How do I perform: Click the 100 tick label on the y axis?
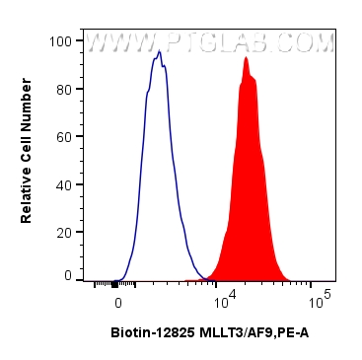pyautogui.click(x=61, y=41)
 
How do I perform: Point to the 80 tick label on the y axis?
pyautogui.click(x=64, y=89)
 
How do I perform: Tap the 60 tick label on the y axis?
pyautogui.click(x=64, y=136)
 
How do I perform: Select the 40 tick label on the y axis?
pyautogui.click(x=64, y=183)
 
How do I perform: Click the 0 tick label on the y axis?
pyautogui.click(x=68, y=277)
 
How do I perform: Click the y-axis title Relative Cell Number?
pyautogui.click(x=27, y=159)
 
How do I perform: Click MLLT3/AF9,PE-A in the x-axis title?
pyautogui.click(x=249, y=333)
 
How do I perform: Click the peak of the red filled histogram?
pyautogui.click(x=245, y=58)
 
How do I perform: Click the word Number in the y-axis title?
pyautogui.click(x=27, y=117)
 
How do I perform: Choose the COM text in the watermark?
pyautogui.click(x=310, y=43)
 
